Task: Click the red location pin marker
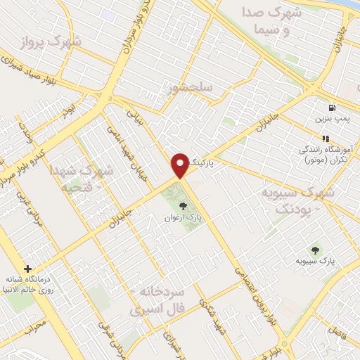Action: coord(181,165)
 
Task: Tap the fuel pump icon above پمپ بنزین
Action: coord(331,108)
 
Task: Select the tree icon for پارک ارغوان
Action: coord(184,206)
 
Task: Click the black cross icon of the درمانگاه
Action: coord(27,269)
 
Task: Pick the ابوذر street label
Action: coord(67,110)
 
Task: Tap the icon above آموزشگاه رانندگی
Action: coord(325,139)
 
